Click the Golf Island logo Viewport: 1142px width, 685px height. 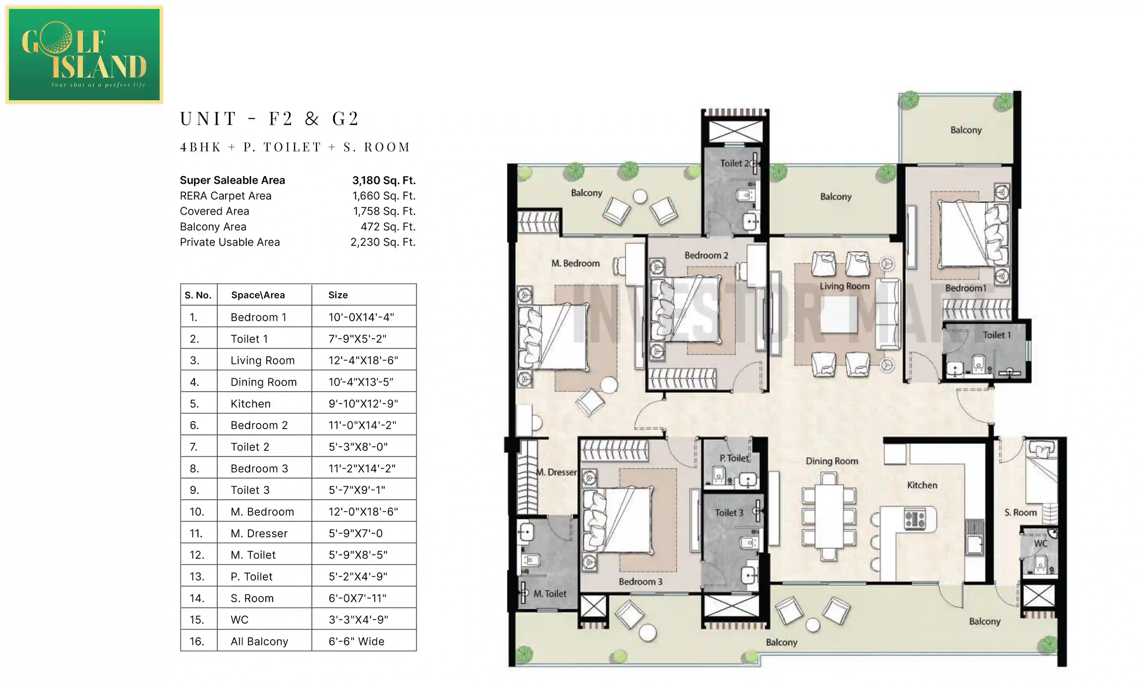(84, 55)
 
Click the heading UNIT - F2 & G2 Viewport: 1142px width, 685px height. (269, 119)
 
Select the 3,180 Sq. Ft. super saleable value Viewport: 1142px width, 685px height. (384, 180)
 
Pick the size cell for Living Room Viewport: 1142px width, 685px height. (363, 360)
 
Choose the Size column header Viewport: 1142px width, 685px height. (338, 295)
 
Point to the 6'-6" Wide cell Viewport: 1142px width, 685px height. (356, 641)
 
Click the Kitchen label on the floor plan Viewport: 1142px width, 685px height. (922, 485)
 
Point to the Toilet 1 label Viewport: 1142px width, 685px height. (996, 335)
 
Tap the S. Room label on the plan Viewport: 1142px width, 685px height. (1020, 512)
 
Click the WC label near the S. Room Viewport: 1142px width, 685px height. (1040, 543)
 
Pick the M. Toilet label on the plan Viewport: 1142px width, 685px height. (549, 594)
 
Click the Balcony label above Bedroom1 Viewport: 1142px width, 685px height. (966, 130)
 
